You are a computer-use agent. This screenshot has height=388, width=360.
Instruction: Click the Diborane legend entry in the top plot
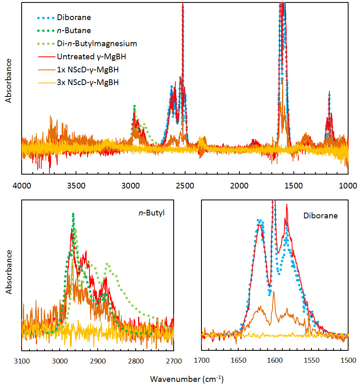click(74, 18)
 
